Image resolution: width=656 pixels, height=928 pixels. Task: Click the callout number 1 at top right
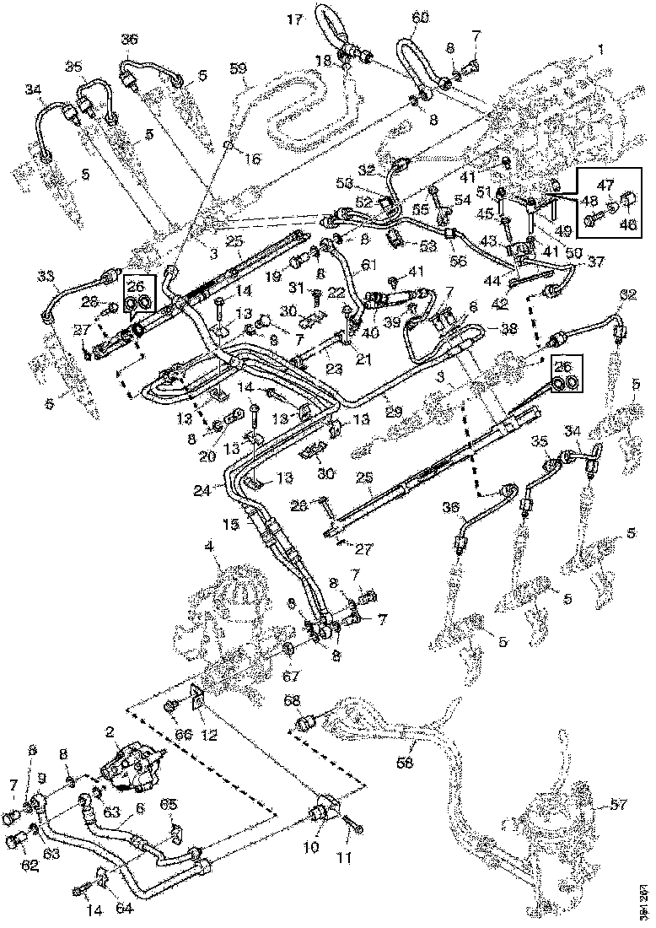click(x=600, y=50)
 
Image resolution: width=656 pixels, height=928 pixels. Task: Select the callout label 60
click(x=420, y=18)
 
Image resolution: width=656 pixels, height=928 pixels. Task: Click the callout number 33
click(x=46, y=277)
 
